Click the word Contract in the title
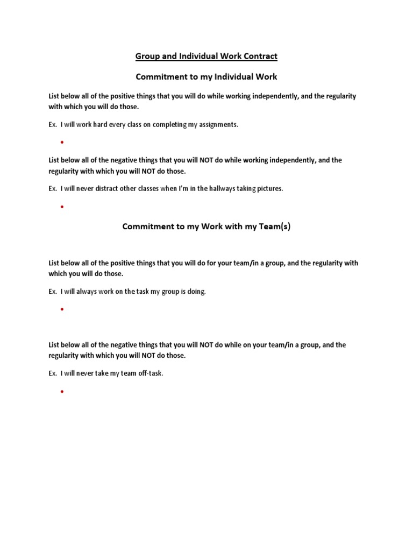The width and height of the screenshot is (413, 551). click(x=259, y=56)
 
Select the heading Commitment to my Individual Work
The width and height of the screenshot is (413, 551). click(x=206, y=76)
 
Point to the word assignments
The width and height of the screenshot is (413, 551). click(x=218, y=124)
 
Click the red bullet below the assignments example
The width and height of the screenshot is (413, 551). click(x=62, y=143)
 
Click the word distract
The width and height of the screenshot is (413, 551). click(x=108, y=188)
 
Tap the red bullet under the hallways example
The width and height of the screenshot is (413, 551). click(x=62, y=207)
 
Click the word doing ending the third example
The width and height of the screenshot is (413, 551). click(x=196, y=292)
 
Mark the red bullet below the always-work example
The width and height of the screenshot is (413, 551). click(x=62, y=310)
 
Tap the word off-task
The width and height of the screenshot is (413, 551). click(x=149, y=373)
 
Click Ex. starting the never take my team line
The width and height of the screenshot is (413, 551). click(x=53, y=373)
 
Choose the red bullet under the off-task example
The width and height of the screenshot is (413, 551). click(x=62, y=391)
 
